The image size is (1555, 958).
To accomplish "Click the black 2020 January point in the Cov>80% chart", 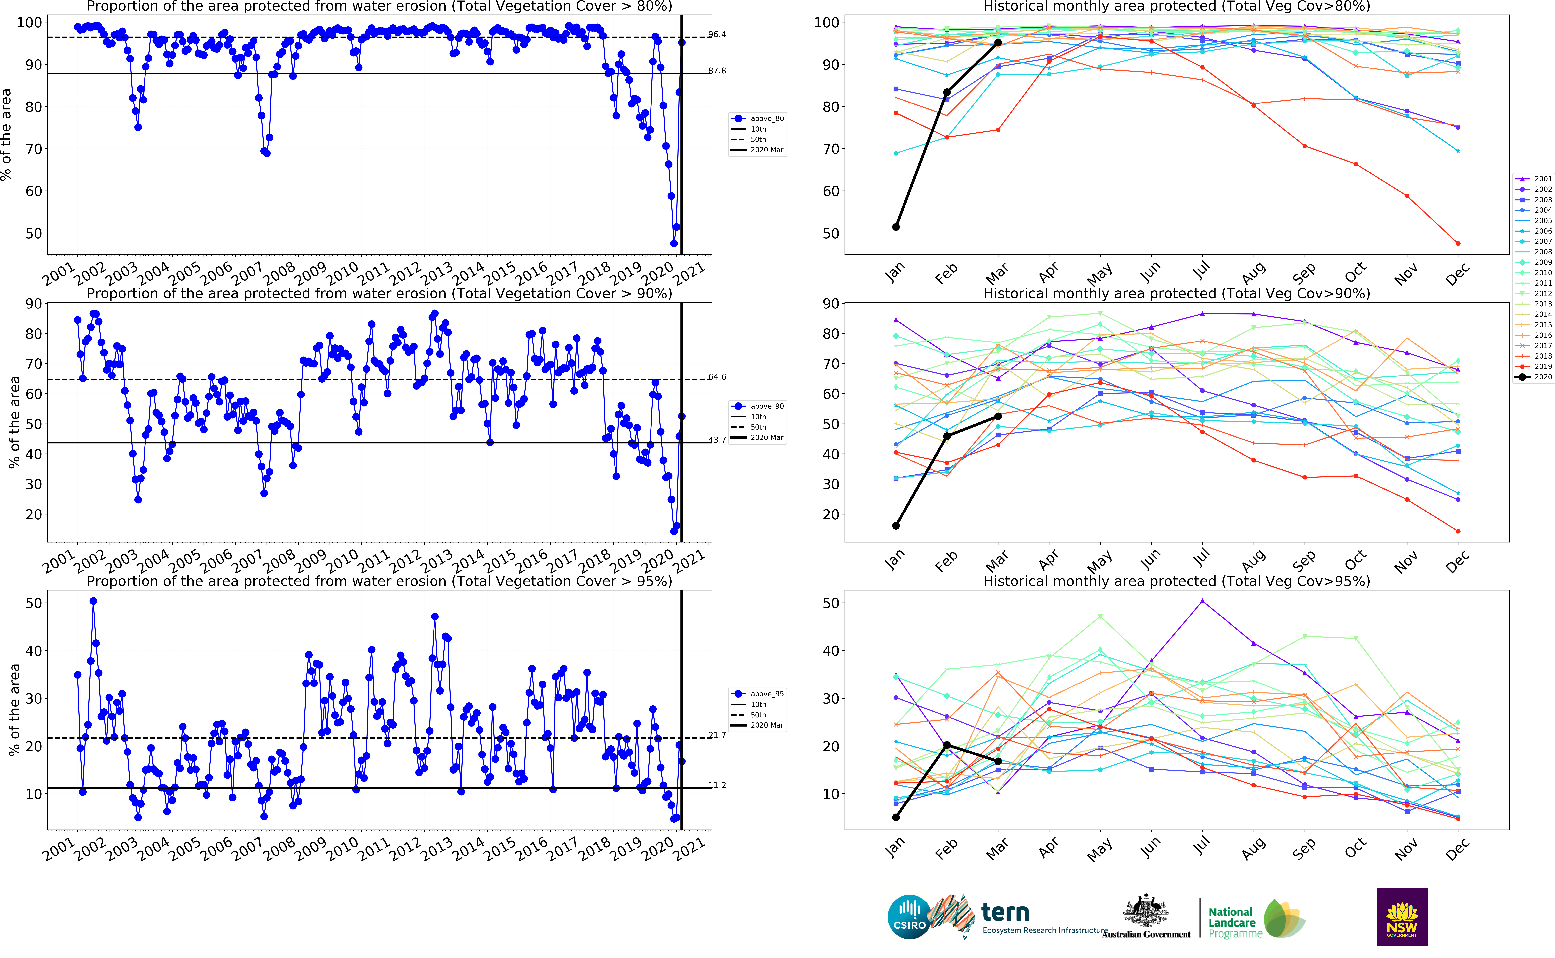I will (895, 227).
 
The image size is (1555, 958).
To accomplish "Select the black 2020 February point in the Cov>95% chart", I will (947, 745).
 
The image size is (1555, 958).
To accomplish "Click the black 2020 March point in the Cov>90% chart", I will (998, 416).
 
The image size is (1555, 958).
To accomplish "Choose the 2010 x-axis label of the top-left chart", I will (342, 274).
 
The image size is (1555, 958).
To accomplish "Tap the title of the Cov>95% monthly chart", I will (1176, 581).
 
